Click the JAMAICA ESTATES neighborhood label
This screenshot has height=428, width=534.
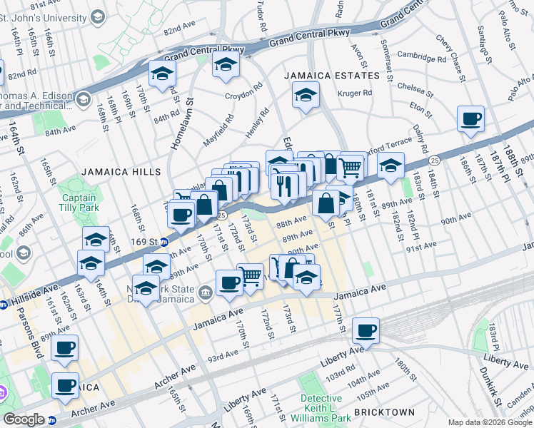click(x=331, y=76)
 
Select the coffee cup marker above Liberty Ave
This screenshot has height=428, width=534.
click(x=366, y=330)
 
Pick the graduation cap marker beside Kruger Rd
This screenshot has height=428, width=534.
click(x=306, y=96)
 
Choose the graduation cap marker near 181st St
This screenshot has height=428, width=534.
click(x=391, y=166)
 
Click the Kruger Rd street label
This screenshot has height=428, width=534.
click(x=357, y=93)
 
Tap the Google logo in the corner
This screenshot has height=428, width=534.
click(x=24, y=419)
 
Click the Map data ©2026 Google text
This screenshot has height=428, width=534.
click(x=490, y=422)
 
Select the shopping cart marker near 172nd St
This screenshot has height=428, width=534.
click(x=250, y=275)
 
